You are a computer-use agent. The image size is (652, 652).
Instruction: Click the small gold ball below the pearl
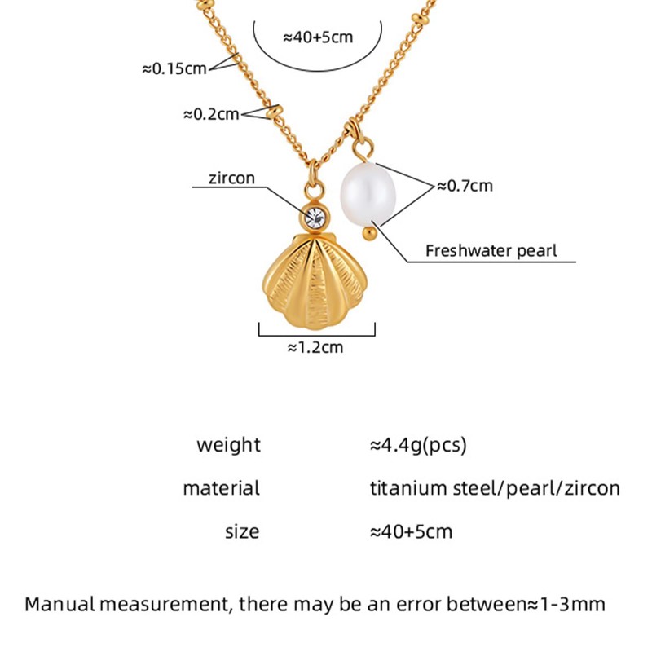(x=368, y=235)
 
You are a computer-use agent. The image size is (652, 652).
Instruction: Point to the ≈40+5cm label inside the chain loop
(x=317, y=37)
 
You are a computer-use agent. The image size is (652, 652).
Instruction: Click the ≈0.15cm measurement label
(x=174, y=68)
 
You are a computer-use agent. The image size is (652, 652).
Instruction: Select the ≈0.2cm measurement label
(x=211, y=114)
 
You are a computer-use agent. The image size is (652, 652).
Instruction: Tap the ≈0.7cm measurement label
(x=465, y=186)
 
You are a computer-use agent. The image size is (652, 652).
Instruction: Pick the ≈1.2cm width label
(x=315, y=348)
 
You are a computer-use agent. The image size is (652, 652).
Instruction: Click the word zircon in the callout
(x=232, y=177)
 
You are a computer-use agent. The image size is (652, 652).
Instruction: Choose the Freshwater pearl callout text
(x=491, y=251)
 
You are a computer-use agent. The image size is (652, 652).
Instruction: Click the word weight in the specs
(x=228, y=445)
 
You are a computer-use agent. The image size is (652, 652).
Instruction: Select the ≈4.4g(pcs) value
(x=418, y=445)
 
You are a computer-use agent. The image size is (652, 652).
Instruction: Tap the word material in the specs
(x=221, y=488)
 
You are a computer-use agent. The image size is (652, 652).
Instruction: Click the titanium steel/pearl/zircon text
(x=495, y=488)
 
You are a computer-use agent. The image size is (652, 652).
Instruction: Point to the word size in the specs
(x=242, y=532)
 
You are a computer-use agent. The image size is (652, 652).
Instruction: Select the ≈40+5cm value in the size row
(x=411, y=532)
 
